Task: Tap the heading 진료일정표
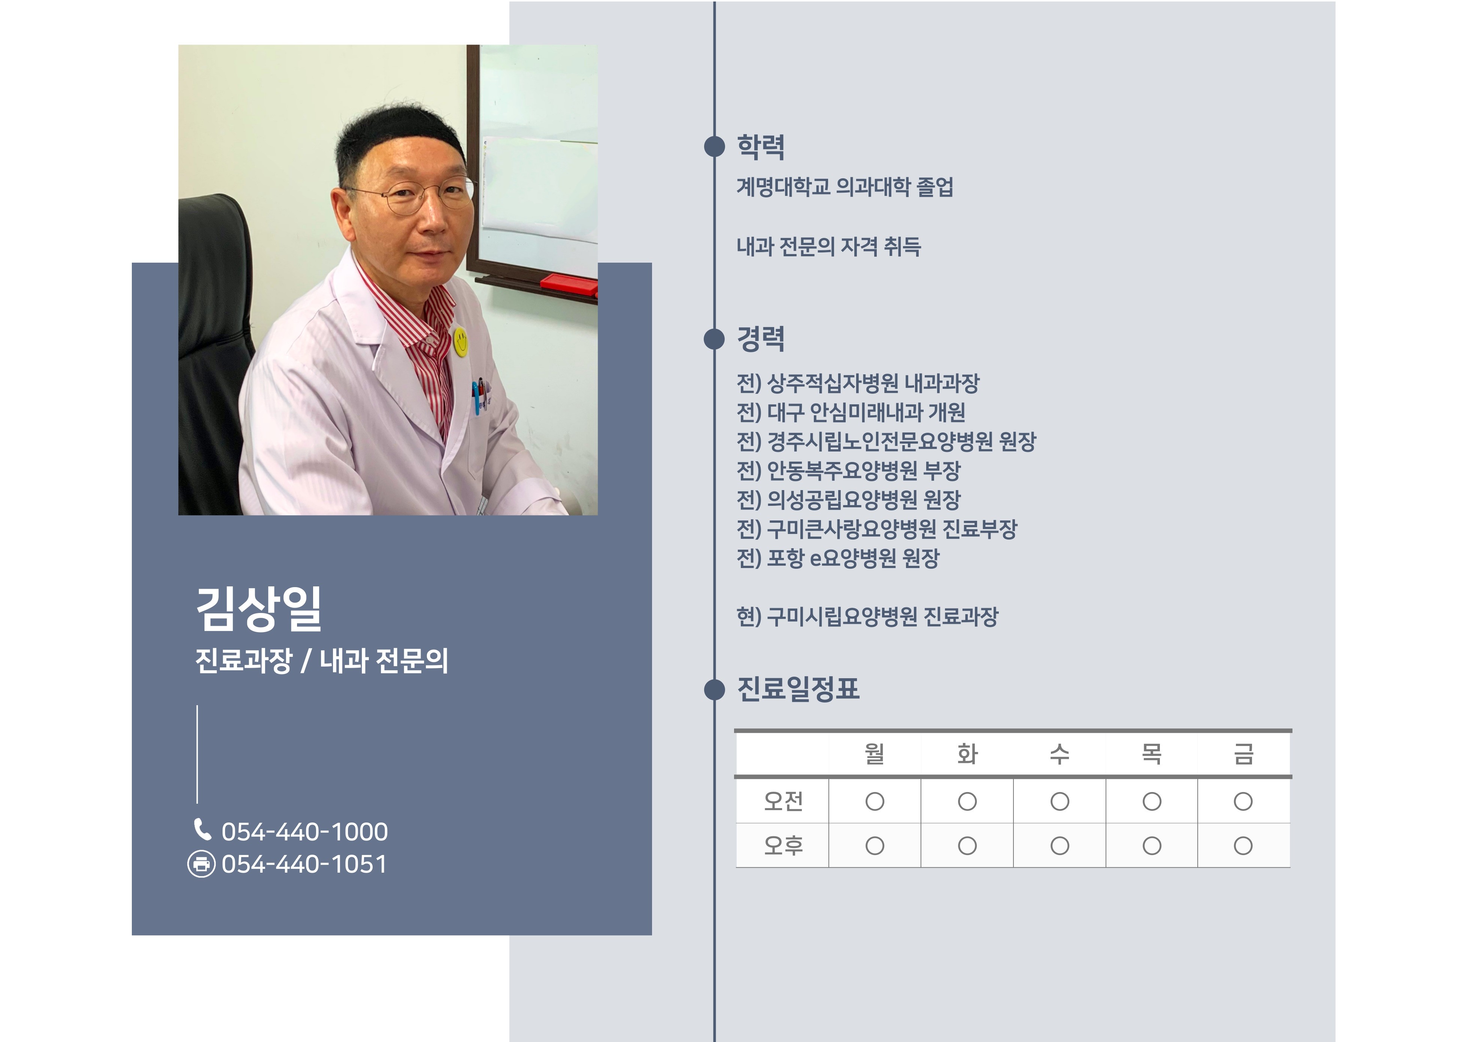coord(798,689)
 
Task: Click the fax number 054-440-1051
coord(305,864)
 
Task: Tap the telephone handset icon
coord(202,830)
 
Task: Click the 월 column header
coord(875,754)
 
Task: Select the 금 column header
coord(1243,754)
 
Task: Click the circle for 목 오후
coord(1152,846)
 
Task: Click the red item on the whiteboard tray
coord(569,283)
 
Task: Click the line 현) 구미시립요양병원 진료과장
coord(867,616)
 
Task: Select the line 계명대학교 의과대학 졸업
coord(845,187)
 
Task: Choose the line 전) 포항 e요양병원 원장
coord(838,558)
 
